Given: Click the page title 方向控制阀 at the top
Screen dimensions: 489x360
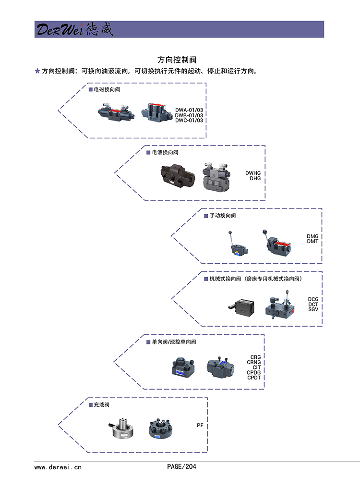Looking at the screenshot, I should pyautogui.click(x=177, y=60).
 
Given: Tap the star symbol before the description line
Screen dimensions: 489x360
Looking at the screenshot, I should pyautogui.click(x=37, y=71).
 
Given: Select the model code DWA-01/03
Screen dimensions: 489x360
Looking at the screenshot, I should pyautogui.click(x=189, y=110).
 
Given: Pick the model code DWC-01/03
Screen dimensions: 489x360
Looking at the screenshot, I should pyautogui.click(x=189, y=120).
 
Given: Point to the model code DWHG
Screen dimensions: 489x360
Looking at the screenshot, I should pyautogui.click(x=253, y=173).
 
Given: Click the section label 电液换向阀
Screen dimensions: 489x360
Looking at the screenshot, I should pyautogui.click(x=165, y=152).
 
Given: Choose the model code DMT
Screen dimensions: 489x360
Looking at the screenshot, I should pyautogui.click(x=312, y=242).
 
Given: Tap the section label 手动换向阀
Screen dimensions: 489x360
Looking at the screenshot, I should pyautogui.click(x=222, y=216).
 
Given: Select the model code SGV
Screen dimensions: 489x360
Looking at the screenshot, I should pyautogui.click(x=313, y=309).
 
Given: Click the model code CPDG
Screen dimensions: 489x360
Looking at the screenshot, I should pyautogui.click(x=254, y=372).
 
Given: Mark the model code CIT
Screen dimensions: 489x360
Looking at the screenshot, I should pyautogui.click(x=257, y=367).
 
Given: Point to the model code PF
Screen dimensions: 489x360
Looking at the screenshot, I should pyautogui.click(x=200, y=426).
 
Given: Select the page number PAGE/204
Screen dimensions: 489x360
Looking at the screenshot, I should pyautogui.click(x=181, y=466).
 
